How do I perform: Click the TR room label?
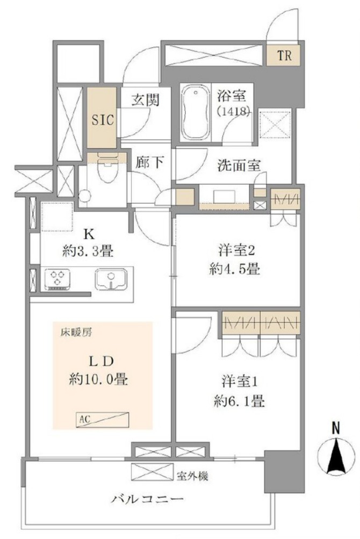(x=285, y=56)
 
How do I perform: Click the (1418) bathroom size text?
(x=233, y=111)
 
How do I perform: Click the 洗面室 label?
(x=238, y=166)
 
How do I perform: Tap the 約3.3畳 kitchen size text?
(x=88, y=252)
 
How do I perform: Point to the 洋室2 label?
(x=236, y=251)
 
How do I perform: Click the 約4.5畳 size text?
(x=234, y=269)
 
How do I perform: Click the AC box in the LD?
(x=103, y=419)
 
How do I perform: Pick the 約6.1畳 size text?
(x=239, y=401)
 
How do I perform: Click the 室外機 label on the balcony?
(x=192, y=476)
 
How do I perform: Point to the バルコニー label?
(x=147, y=499)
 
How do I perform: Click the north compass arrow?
(x=336, y=456)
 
